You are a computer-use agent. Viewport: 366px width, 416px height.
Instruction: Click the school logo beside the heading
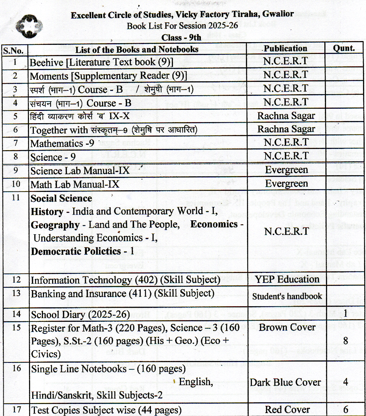[x=29, y=26]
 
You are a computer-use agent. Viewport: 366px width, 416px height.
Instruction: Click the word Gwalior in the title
[x=278, y=14]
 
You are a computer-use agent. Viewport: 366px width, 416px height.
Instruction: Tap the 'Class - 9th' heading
[x=181, y=37]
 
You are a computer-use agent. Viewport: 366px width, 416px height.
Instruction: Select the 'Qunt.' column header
[x=344, y=48]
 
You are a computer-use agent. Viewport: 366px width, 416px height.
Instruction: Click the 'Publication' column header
[x=285, y=48]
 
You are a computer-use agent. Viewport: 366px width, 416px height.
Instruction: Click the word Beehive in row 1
[x=46, y=62]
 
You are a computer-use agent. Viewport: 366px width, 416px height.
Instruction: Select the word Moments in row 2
[x=49, y=76]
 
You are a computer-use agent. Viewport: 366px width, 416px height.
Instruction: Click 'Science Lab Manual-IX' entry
[x=80, y=171]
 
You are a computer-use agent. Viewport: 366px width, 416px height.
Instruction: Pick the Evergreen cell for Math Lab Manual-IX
[x=287, y=184]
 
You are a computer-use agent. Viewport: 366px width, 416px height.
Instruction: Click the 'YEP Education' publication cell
[x=287, y=279]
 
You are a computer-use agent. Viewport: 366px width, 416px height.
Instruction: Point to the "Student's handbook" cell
[x=287, y=296]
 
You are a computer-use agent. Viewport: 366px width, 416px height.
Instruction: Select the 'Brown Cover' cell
[x=287, y=327]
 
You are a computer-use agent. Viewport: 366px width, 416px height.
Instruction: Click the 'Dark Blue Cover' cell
[x=285, y=382]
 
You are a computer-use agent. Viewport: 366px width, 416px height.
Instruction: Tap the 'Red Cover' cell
[x=287, y=410]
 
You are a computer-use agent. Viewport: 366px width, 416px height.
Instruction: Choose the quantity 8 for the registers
[x=345, y=341]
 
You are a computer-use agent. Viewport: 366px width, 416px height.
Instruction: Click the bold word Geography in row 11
[x=55, y=225]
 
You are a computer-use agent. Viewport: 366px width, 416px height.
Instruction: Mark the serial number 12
[x=16, y=280]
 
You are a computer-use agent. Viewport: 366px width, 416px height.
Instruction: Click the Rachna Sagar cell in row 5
[x=286, y=116]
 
